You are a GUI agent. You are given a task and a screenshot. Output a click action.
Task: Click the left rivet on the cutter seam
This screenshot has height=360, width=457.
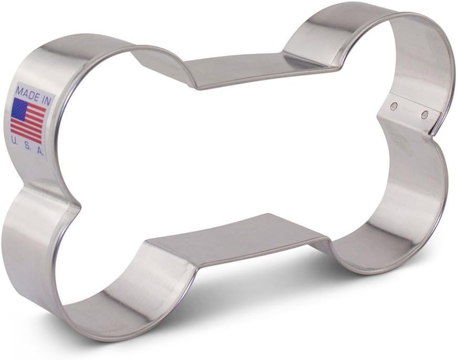394,107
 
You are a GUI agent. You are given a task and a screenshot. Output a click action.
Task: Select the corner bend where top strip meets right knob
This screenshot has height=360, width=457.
334,66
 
